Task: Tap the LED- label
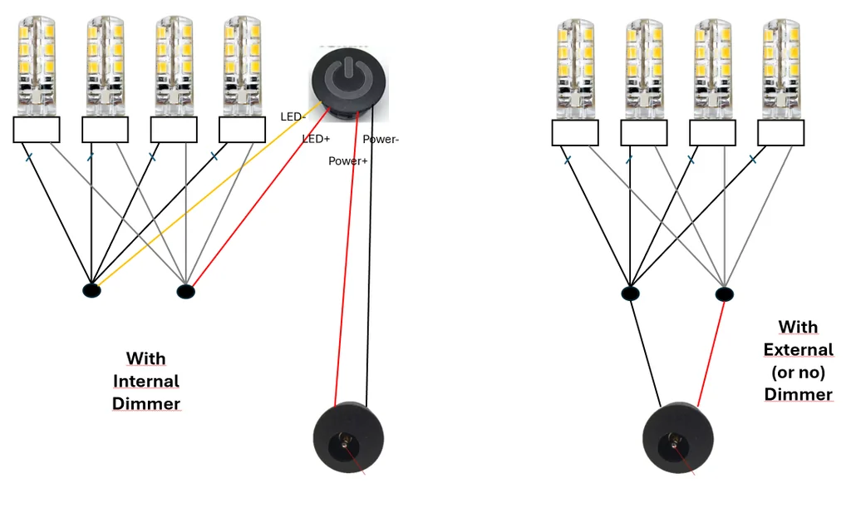point(293,117)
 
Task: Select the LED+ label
point(317,139)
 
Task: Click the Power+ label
point(347,160)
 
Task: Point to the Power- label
point(381,140)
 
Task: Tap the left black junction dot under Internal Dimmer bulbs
point(91,290)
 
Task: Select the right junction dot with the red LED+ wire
point(186,291)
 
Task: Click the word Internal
point(146,382)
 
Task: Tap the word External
point(798,350)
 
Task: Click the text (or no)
point(798,372)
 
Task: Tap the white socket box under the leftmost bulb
point(37,130)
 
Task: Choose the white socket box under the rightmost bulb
point(780,133)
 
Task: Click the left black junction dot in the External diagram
point(631,293)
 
